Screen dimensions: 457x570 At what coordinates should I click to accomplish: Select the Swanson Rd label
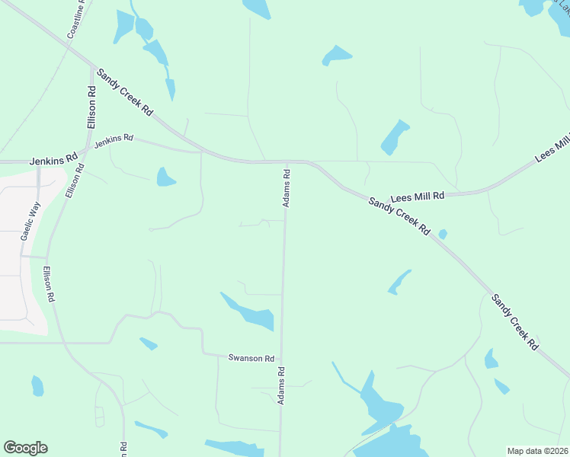(251, 358)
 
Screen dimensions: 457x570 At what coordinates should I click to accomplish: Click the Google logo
(25, 448)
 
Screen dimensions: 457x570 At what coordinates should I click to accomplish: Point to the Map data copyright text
(538, 450)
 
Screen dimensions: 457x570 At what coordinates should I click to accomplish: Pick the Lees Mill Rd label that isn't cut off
(418, 197)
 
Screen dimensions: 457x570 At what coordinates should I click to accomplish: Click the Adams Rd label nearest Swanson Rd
(281, 386)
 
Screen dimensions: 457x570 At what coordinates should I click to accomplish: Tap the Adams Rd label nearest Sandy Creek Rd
(287, 187)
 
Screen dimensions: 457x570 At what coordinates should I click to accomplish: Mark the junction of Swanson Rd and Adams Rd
(281, 359)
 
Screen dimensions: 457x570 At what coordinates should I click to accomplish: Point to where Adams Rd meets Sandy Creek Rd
(287, 161)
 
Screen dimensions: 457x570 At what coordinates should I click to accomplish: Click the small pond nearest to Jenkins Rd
(165, 177)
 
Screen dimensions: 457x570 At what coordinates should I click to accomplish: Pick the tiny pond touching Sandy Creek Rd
(443, 234)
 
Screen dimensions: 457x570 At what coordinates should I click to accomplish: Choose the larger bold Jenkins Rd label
(54, 161)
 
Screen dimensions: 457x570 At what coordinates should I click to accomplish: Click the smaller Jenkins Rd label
(114, 141)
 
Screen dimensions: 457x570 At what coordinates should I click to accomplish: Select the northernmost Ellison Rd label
(91, 100)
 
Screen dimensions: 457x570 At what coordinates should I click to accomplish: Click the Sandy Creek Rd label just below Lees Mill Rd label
(399, 216)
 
